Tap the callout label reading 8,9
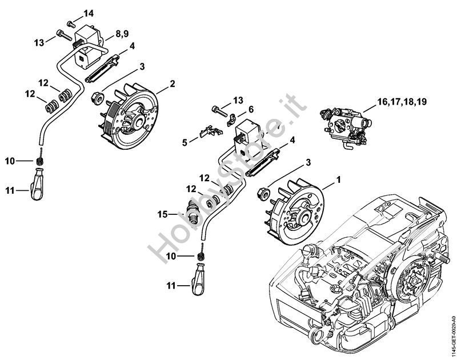click(122, 35)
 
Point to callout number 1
click(338, 179)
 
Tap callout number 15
click(162, 214)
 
